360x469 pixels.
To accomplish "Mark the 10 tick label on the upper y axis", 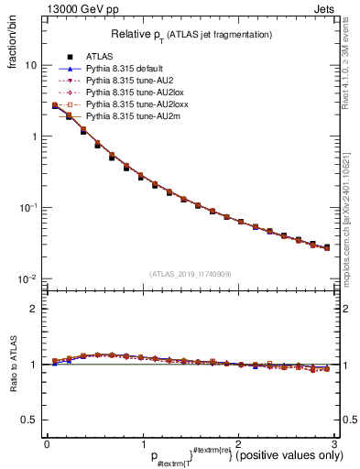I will [x=30, y=66].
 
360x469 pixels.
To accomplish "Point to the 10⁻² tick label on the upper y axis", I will [x=29, y=278].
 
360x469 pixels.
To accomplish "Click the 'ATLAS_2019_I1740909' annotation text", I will [x=191, y=273].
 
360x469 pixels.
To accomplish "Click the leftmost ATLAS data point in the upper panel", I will [x=55, y=106].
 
